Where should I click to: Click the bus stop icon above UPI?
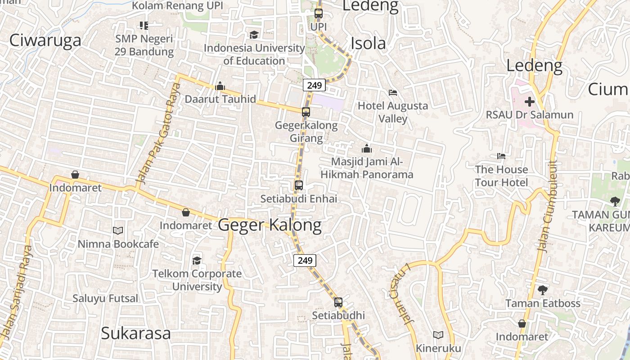click(319, 13)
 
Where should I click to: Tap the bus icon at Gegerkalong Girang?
click(306, 112)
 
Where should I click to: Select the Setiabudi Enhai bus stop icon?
click(298, 185)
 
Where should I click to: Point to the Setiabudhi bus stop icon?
click(338, 302)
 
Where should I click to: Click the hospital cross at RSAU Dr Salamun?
click(530, 102)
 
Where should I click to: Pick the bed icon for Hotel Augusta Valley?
click(392, 93)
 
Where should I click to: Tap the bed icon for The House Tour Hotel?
click(501, 156)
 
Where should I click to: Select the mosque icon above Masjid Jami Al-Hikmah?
click(367, 148)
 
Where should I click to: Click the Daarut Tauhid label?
click(220, 99)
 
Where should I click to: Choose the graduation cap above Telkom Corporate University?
click(197, 261)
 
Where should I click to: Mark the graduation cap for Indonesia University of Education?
click(254, 35)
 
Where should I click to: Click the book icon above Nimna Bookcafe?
click(118, 230)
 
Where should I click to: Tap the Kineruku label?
click(438, 348)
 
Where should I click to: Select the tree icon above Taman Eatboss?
click(543, 290)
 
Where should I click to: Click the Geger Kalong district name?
click(270, 225)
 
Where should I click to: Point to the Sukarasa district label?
click(136, 333)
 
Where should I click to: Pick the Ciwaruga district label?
click(45, 40)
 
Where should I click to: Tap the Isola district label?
click(368, 43)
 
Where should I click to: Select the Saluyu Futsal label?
click(106, 298)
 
